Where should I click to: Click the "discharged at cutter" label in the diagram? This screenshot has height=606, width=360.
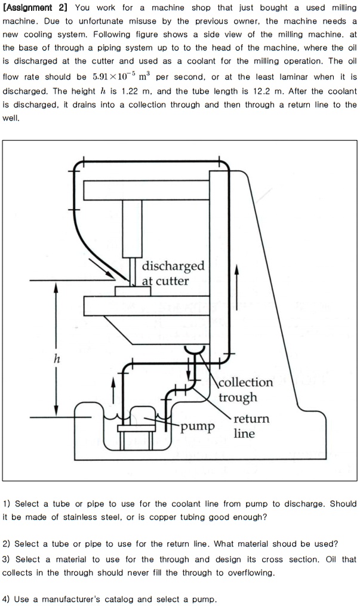tap(173, 273)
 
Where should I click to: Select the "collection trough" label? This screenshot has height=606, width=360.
tap(245, 389)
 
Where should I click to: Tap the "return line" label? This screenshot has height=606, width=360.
tap(251, 426)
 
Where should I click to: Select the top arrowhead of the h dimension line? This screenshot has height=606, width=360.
tap(56, 287)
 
